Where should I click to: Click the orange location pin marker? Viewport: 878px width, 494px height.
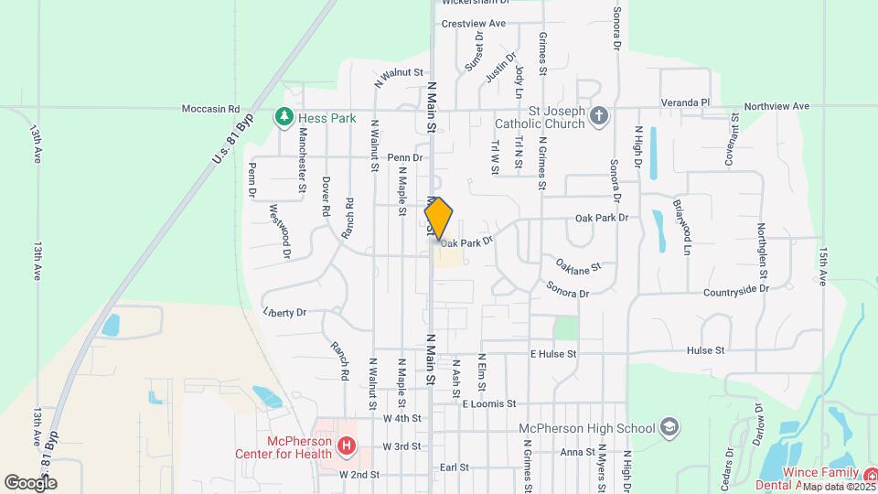click(x=439, y=219)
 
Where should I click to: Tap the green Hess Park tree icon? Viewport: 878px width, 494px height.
click(x=284, y=118)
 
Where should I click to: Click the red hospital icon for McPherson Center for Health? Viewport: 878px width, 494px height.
click(x=347, y=446)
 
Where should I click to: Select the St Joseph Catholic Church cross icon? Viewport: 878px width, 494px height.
click(x=598, y=116)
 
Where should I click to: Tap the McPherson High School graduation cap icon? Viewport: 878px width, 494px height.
click(x=669, y=428)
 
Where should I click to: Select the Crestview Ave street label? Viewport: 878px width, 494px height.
click(x=473, y=23)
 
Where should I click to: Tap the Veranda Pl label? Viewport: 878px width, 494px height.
click(x=686, y=102)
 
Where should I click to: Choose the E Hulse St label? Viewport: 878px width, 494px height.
click(x=553, y=353)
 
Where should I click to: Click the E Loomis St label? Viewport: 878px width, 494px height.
click(x=489, y=403)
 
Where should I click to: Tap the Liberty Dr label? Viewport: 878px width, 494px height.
click(x=284, y=313)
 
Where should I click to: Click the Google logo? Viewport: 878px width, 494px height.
click(x=30, y=482)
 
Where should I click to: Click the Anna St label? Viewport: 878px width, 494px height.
click(x=577, y=452)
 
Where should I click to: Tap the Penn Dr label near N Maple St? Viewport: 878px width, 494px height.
click(x=403, y=157)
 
